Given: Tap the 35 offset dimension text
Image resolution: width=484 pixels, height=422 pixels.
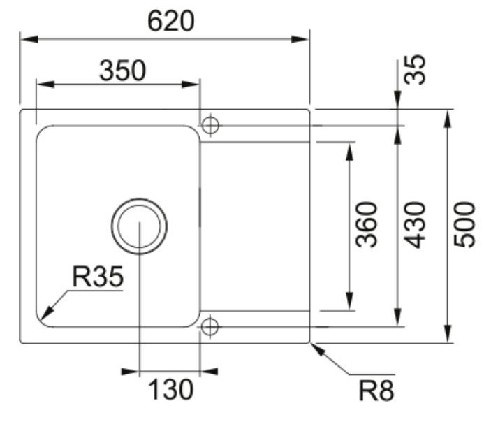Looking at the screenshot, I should tap(416, 69).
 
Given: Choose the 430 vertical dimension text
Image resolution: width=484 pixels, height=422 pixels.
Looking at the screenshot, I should tap(416, 225).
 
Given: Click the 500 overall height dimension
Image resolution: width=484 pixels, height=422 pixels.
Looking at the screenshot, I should tap(464, 225).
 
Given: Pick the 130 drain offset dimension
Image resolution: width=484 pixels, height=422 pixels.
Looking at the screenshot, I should tap(169, 390).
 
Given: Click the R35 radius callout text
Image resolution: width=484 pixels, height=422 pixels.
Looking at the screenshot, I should tap(97, 277).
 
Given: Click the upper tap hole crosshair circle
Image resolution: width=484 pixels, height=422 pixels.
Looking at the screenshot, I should tap(210, 125).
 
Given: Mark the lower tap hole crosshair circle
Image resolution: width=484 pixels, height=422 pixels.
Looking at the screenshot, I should tap(210, 326).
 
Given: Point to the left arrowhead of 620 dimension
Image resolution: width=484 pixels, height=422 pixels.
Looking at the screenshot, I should tap(27, 38).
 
